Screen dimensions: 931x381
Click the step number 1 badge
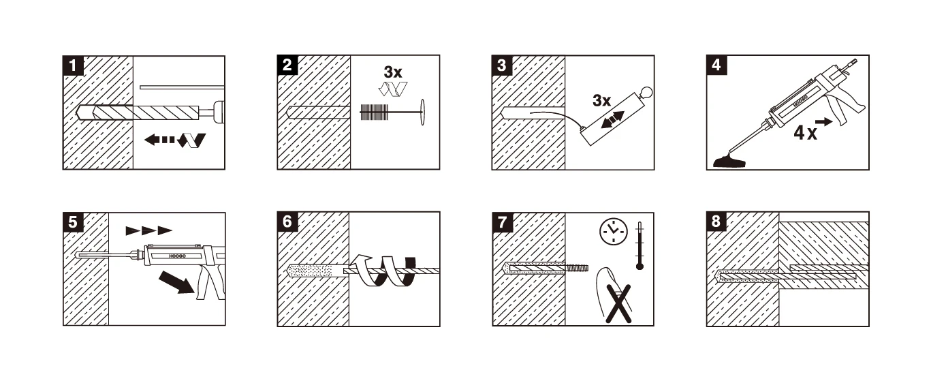[x=74, y=66]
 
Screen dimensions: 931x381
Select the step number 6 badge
[x=288, y=222]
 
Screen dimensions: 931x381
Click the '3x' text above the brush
[x=393, y=72]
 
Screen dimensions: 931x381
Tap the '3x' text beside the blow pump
[x=601, y=101]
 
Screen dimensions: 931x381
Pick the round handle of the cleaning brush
[x=424, y=111]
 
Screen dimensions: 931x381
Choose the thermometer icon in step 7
[x=640, y=245]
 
